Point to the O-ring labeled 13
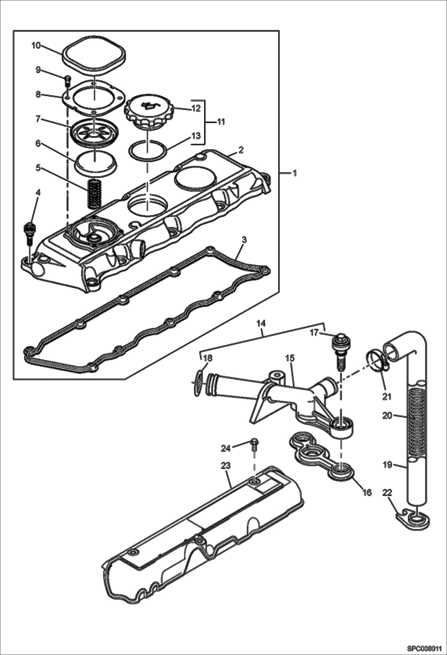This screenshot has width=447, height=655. click(x=147, y=149)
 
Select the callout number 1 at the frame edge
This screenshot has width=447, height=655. click(x=295, y=173)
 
